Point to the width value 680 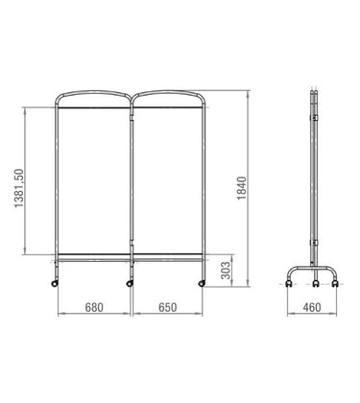(93, 311)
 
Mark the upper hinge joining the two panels (130, 118)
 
